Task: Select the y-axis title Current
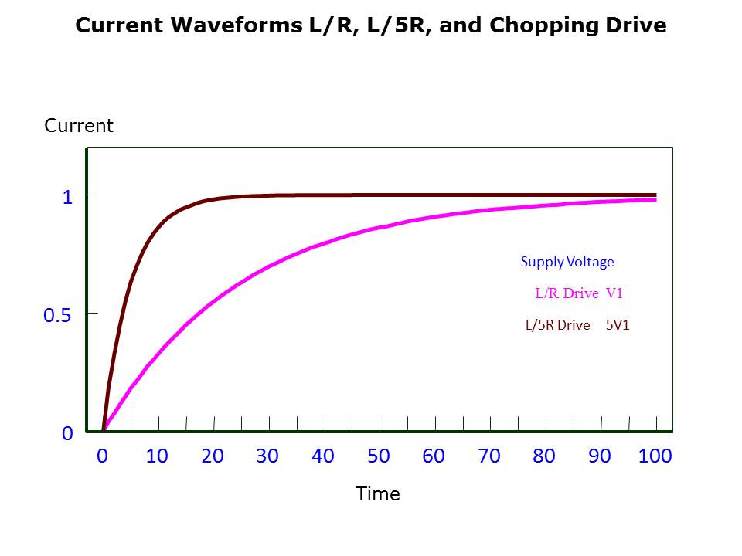[x=79, y=126]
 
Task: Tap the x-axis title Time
[x=378, y=494]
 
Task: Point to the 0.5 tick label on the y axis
[x=57, y=315]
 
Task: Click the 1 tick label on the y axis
[x=67, y=197]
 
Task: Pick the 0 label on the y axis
[x=67, y=434]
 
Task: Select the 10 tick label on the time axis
[x=157, y=456]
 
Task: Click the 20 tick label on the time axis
[x=213, y=456]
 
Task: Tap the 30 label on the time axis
[x=267, y=456]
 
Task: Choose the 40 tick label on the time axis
[x=323, y=456]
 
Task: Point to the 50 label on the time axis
[x=379, y=456]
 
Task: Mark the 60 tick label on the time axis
[x=434, y=456]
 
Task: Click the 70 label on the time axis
[x=489, y=456]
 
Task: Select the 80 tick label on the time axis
[x=544, y=456]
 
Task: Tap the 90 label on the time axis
[x=600, y=456]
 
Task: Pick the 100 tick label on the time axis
[x=655, y=456]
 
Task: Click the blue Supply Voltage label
[x=567, y=262]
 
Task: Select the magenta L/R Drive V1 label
[x=579, y=293]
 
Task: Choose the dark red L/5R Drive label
[x=557, y=325]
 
